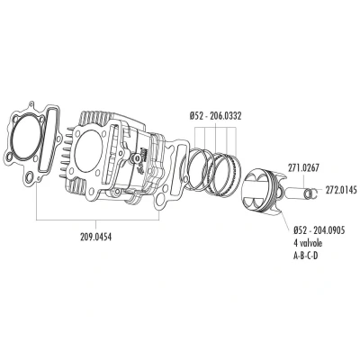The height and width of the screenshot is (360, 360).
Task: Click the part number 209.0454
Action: click(x=95, y=238)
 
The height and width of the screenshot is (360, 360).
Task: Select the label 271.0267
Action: click(x=303, y=167)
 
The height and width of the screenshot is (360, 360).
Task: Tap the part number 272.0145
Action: click(x=341, y=190)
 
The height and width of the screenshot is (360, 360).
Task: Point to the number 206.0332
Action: click(x=225, y=116)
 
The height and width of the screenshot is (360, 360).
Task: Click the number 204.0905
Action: click(x=328, y=230)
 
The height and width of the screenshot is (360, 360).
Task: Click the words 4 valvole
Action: click(x=308, y=243)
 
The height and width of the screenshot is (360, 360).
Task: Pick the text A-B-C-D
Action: click(x=305, y=256)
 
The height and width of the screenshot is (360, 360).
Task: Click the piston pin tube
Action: click(x=294, y=193)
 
